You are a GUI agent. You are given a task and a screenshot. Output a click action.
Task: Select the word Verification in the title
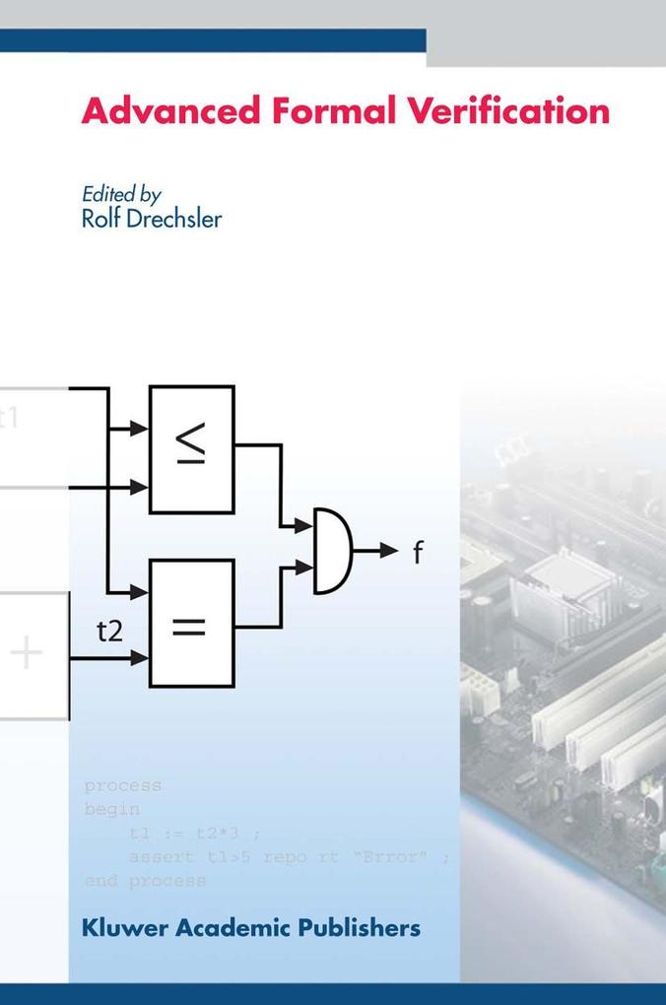pos(496,110)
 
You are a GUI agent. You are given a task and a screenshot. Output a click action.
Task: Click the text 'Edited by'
pos(121,194)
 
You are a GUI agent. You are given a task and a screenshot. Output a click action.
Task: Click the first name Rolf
pos(100,218)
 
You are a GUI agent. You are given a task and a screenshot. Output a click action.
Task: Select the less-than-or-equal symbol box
pos(191,449)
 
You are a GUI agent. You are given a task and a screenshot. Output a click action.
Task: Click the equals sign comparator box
pos(191,623)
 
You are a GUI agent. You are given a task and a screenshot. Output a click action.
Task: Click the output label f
pos(417,553)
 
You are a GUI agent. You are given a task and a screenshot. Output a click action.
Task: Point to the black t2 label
pos(109,631)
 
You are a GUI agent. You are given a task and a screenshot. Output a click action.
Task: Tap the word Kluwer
pos(124,927)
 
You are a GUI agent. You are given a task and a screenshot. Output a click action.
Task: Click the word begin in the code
pos(112,810)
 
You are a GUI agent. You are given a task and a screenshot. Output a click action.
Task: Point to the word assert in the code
pos(162,856)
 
